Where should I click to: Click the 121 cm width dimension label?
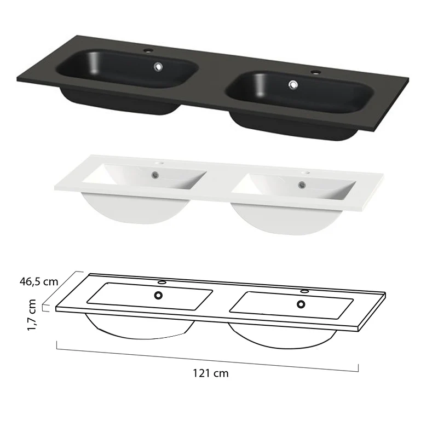click(210, 373)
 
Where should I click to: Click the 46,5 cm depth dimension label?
click(38, 282)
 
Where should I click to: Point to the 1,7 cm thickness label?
click(32, 314)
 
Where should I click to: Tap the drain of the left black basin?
click(158, 67)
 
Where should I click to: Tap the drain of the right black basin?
click(293, 84)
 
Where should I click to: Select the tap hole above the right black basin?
click(315, 72)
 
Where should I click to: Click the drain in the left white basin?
click(157, 175)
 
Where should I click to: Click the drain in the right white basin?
click(301, 185)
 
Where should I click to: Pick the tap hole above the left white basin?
click(162, 163)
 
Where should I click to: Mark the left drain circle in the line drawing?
click(158, 295)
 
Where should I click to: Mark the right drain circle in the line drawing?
click(301, 304)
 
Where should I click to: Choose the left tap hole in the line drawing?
click(162, 283)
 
